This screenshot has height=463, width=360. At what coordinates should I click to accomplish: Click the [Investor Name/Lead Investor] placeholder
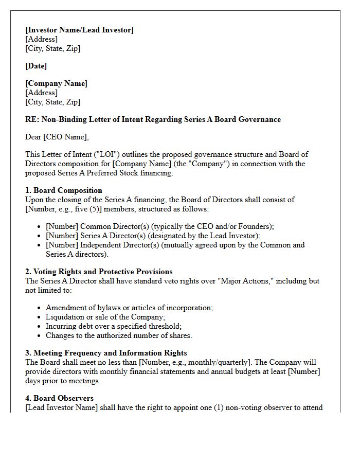[x=79, y=30]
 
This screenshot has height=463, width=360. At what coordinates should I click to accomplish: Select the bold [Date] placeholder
[x=36, y=66]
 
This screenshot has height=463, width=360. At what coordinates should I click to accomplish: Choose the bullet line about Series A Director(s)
[x=153, y=236]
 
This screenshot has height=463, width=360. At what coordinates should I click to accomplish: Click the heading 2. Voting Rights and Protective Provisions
[x=99, y=272]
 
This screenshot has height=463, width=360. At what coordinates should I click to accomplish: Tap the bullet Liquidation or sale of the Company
[x=105, y=317]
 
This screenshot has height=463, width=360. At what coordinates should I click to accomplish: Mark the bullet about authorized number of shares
[x=119, y=335]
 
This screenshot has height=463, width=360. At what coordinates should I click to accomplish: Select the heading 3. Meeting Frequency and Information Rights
[x=106, y=353]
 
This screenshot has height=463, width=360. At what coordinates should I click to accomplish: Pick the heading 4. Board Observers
[x=59, y=398]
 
